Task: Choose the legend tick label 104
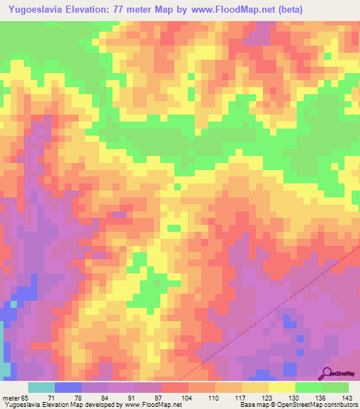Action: (x=186, y=398)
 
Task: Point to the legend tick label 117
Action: (x=240, y=398)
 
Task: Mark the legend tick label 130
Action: (x=293, y=398)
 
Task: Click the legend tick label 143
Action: (x=347, y=398)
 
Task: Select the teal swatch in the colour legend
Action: (x=41, y=387)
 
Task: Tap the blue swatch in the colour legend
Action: (x=68, y=387)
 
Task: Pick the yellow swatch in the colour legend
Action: (x=282, y=387)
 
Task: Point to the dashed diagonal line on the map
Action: (x=281, y=306)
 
